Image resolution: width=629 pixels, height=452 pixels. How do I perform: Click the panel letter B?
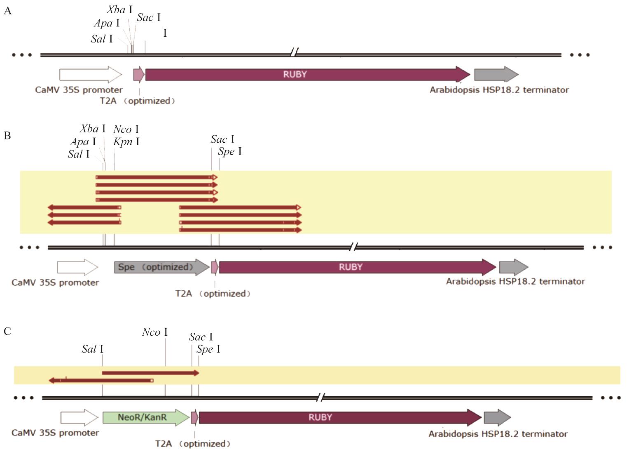(x=7, y=136)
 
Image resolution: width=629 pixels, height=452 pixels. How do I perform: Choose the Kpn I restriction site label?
(x=126, y=142)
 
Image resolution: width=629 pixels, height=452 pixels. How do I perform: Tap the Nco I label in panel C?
(x=154, y=332)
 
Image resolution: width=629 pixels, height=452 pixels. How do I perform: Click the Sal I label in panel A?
(x=101, y=39)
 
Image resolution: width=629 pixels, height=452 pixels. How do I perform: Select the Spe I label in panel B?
(x=229, y=152)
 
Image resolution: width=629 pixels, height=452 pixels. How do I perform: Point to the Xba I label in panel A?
(x=119, y=10)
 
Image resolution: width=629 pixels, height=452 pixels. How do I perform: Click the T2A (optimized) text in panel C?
(x=192, y=444)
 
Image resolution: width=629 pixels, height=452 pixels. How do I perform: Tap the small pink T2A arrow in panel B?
(x=214, y=267)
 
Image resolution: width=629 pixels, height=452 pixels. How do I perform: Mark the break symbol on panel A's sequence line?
(x=294, y=52)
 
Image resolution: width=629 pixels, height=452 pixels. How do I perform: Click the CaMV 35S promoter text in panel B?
(x=55, y=283)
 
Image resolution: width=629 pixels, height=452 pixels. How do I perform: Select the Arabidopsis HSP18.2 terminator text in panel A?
(x=499, y=90)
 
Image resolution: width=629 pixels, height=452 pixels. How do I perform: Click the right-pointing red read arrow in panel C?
(x=150, y=373)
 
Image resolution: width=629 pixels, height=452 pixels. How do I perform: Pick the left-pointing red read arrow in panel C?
(x=101, y=380)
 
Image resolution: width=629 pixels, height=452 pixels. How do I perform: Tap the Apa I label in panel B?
(x=83, y=142)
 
